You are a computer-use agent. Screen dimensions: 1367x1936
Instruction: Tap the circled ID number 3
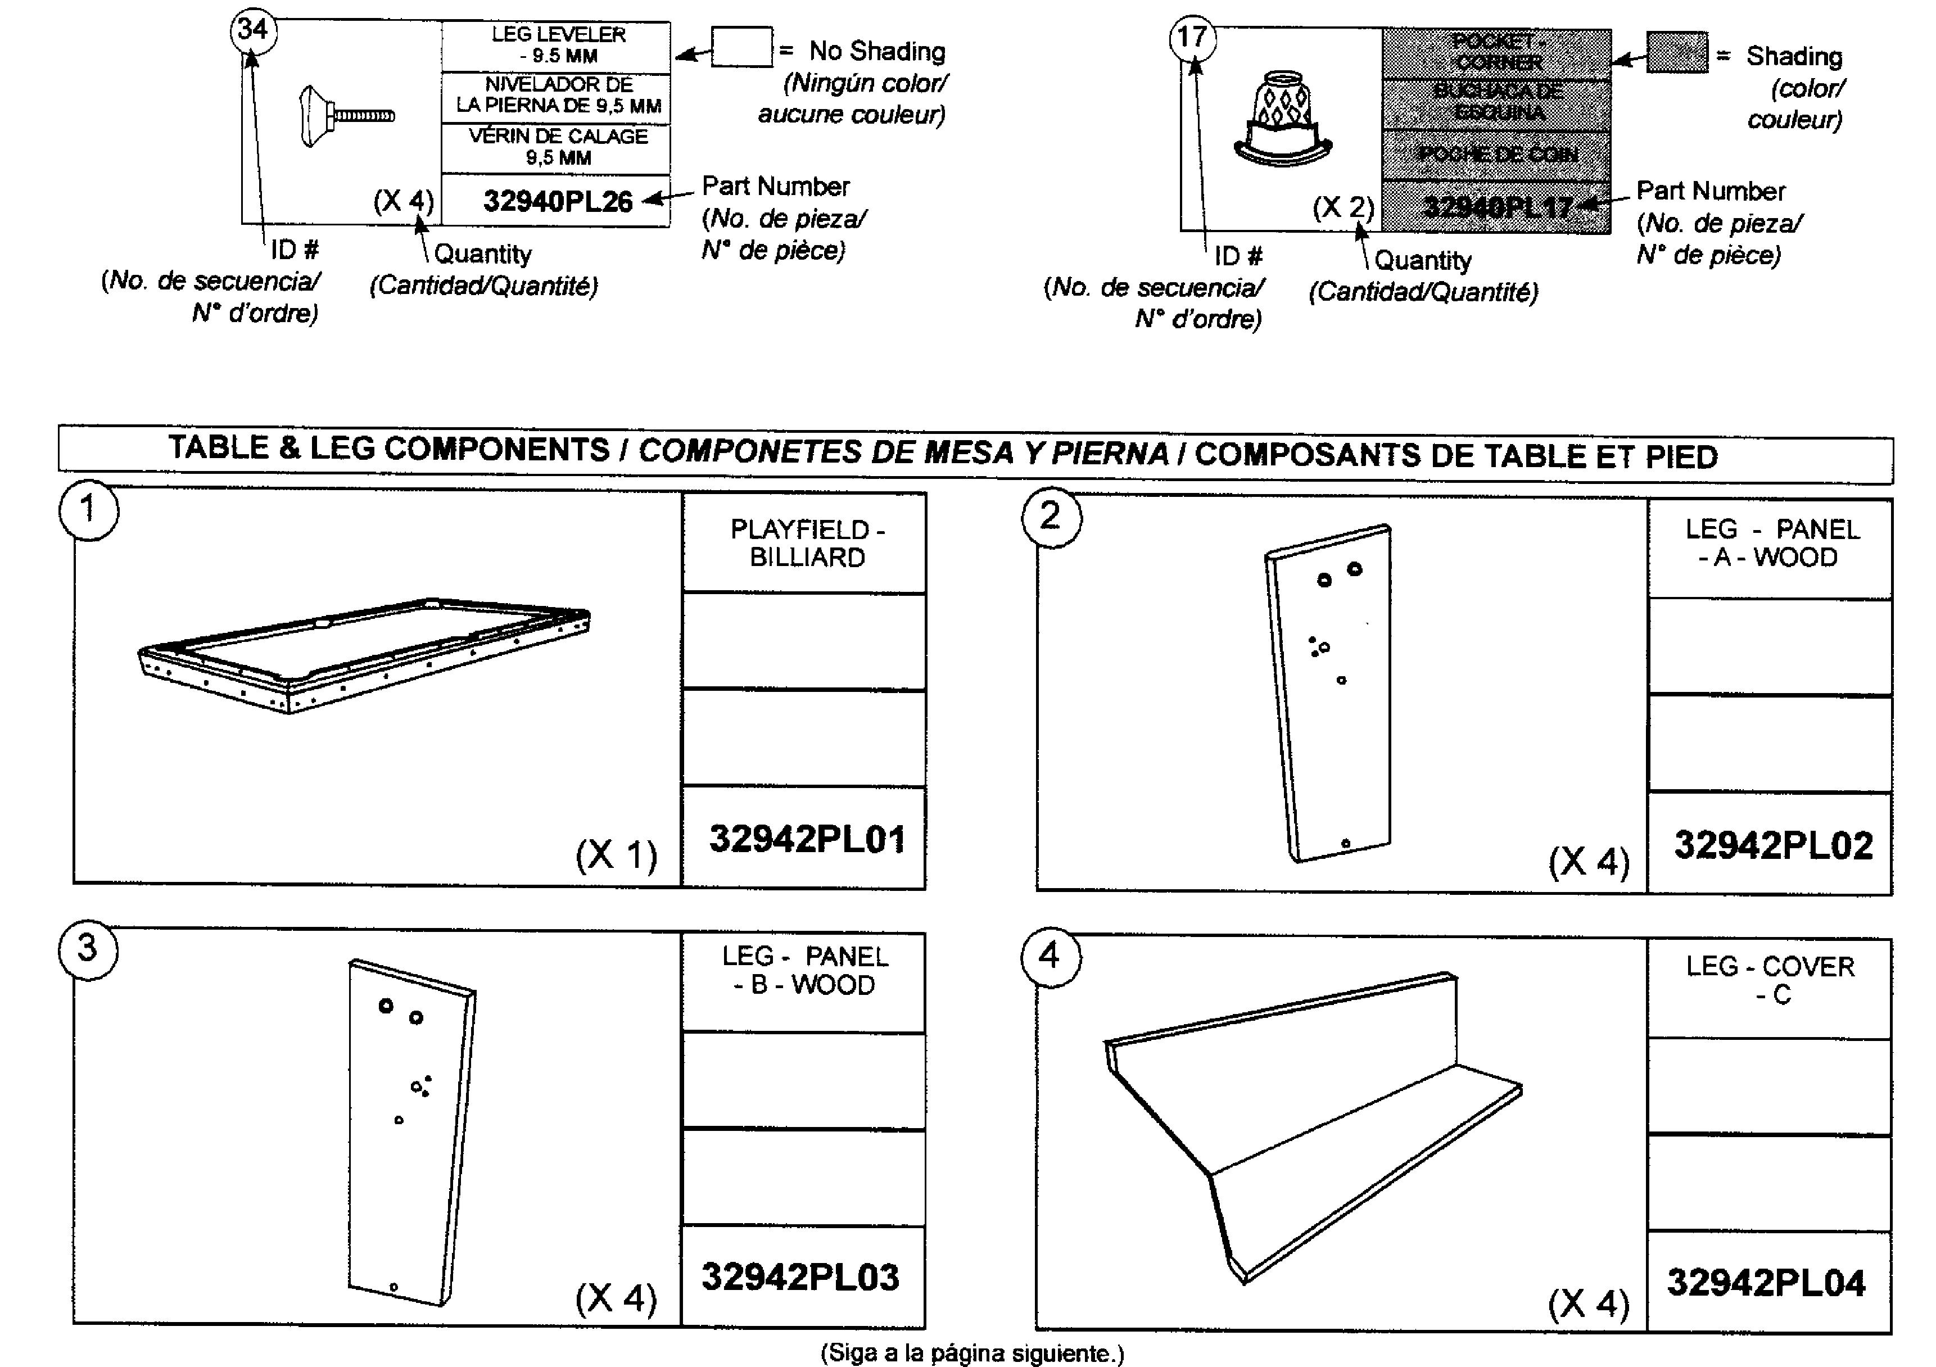88,949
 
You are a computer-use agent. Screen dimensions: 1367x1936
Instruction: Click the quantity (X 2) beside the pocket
1342,207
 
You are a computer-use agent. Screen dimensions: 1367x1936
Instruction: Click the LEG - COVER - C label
1771,980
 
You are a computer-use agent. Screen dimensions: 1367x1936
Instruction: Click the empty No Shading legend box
741,47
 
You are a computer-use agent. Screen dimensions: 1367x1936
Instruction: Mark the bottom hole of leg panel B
393,1287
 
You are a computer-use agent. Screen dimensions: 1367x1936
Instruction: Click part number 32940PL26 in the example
558,202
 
